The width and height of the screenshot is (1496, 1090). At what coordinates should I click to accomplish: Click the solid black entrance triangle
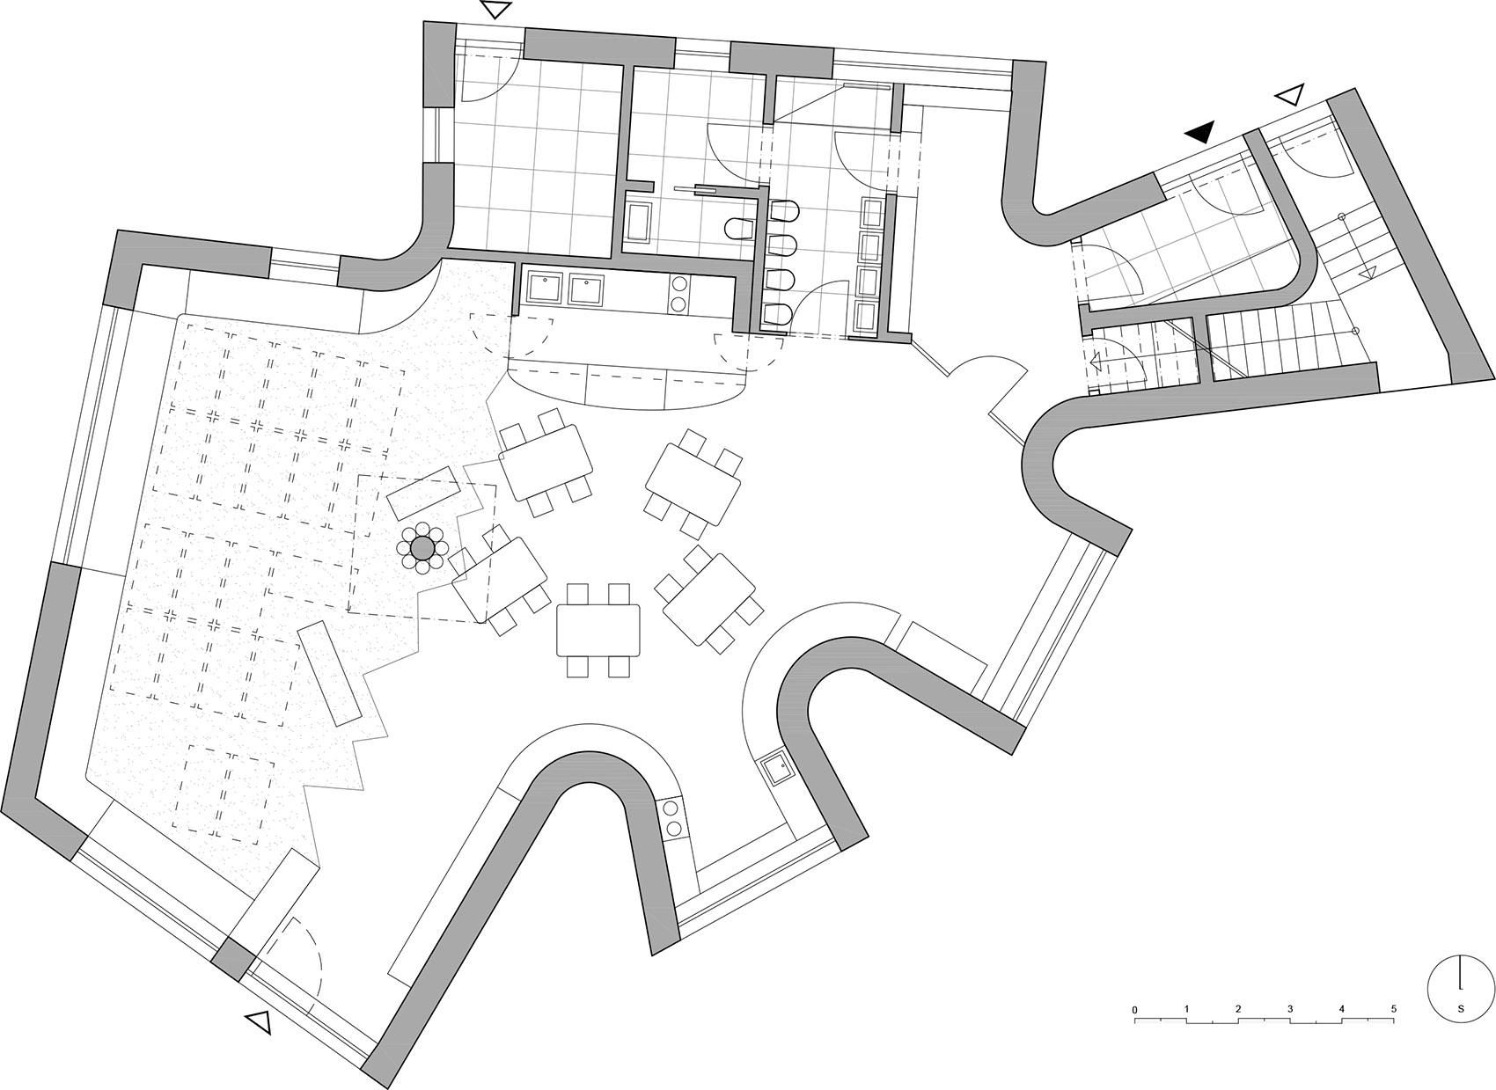1200,133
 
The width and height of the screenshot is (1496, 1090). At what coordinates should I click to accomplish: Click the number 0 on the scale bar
1135,1008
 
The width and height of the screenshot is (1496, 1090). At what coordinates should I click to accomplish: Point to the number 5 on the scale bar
1394,1008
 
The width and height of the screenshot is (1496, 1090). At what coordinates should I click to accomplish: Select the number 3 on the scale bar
1290,1008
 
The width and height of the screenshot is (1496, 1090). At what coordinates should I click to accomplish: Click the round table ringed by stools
423,548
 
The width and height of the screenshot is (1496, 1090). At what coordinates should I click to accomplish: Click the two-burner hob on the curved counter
672,817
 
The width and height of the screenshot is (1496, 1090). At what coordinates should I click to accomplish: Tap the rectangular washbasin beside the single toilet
637,221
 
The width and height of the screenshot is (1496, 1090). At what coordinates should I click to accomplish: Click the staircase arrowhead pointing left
1096,362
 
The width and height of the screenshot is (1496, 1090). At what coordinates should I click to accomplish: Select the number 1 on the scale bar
1187,1008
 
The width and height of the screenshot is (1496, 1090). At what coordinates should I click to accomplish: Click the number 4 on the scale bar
1342,1008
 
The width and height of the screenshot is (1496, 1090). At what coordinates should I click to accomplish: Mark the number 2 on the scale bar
1238,1008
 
